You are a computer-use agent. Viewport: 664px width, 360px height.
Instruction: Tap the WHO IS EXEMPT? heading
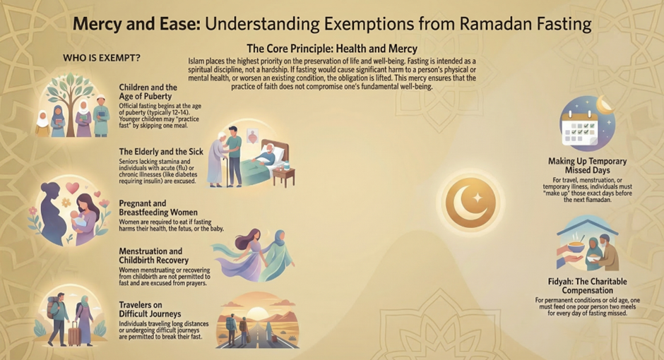click(x=102, y=58)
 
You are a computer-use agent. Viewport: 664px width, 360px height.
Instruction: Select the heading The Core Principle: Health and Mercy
click(x=332, y=49)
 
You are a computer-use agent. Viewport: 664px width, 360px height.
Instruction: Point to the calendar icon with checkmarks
click(x=580, y=126)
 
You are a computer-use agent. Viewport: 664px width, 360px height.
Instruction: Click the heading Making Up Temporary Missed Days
click(x=587, y=166)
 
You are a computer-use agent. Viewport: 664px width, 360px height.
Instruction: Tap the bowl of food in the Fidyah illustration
click(x=576, y=246)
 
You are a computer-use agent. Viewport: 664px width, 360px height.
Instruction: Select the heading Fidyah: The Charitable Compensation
click(x=587, y=286)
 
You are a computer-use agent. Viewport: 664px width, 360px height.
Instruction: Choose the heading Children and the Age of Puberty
click(x=148, y=92)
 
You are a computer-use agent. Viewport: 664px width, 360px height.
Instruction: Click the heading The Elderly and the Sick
click(x=161, y=152)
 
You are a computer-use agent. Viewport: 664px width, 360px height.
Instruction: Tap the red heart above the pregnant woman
click(x=73, y=187)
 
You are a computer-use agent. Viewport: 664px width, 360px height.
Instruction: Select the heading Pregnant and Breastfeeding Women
click(x=158, y=208)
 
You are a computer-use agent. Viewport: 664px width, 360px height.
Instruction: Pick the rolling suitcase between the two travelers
click(x=75, y=334)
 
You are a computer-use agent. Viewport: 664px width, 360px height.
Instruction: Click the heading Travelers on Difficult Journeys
click(x=150, y=309)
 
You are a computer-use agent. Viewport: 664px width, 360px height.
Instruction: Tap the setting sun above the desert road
click(x=257, y=314)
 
